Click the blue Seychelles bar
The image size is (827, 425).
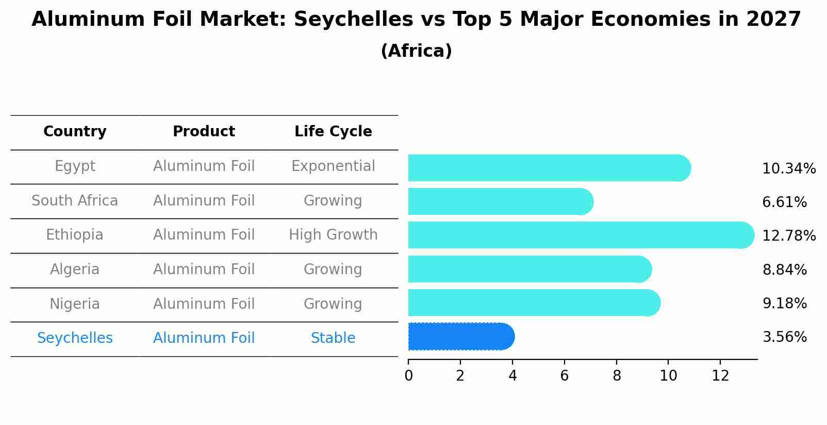coord(461,337)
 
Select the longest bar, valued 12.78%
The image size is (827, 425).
coord(581,235)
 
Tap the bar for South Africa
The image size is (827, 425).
coord(500,201)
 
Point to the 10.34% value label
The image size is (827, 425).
coord(788,169)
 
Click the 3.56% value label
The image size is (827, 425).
coord(784,337)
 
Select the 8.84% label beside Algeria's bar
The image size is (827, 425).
coord(784,270)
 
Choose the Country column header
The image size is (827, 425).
coord(75,132)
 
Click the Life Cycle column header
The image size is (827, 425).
coord(333,132)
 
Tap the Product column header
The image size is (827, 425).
coord(204,132)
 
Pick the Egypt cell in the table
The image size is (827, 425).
coord(75,166)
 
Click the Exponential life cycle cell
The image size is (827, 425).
coord(333,166)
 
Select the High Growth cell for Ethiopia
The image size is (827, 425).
coord(333,235)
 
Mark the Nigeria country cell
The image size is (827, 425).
coord(75,304)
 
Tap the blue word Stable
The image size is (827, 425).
coord(333,338)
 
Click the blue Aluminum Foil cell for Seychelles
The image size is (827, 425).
coord(204,338)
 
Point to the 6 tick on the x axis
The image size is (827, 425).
coord(565,375)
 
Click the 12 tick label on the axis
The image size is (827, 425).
coord(720,375)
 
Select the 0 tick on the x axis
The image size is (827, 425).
coord(408,375)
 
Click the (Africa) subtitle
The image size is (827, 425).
coord(416,51)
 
